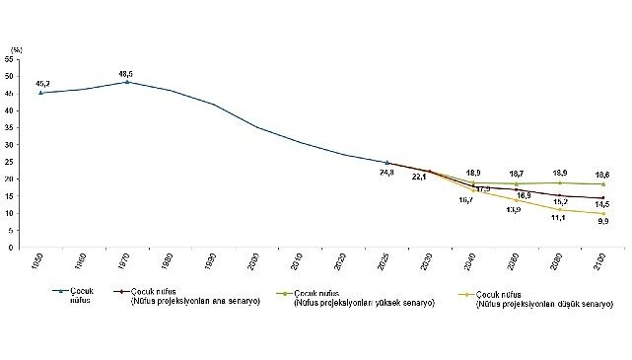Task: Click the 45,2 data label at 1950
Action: point(43,84)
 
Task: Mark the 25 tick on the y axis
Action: point(10,163)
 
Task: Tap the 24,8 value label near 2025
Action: point(387,172)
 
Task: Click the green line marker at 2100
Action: point(603,184)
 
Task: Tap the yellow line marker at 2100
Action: point(603,213)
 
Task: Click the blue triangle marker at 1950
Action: point(40,93)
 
